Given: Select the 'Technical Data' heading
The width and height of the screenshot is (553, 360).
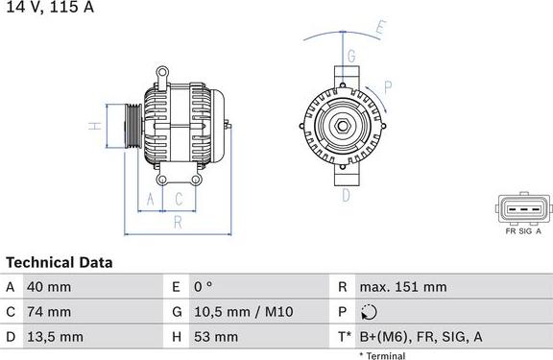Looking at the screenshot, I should pos(60,262).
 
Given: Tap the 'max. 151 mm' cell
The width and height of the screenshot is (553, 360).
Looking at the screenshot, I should pos(403,287).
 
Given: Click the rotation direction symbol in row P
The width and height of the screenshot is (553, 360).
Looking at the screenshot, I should pos(372,312).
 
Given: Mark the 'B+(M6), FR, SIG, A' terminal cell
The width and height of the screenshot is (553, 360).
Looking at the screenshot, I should pos(420,337).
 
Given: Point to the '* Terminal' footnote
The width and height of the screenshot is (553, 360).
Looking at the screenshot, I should pos(382,355).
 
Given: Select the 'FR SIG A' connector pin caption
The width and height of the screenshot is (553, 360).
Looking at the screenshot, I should pos(523,230).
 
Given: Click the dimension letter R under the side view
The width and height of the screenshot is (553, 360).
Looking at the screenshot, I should pos(178,223).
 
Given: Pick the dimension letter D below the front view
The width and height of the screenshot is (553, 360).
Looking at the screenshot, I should pos(346,195).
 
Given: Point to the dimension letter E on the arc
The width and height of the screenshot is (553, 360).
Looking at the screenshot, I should pos(380,29).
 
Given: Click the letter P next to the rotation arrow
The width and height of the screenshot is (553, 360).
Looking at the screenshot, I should pos(387,86).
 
